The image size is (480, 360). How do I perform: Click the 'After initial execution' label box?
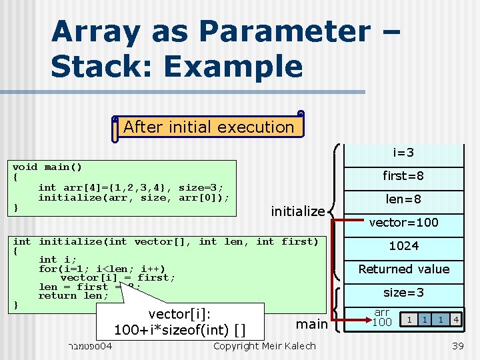click(x=209, y=127)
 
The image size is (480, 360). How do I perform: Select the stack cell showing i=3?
click(x=403, y=153)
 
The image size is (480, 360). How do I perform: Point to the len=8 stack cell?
click(x=403, y=199)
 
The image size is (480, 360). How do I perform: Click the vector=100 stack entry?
click(x=404, y=223)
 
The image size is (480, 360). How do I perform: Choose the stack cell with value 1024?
click(x=404, y=246)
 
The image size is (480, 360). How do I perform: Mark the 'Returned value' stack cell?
click(x=404, y=269)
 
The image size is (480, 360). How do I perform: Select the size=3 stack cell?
click(x=404, y=293)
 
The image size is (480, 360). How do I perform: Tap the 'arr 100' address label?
click(x=382, y=318)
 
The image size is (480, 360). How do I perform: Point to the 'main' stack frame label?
click(x=311, y=324)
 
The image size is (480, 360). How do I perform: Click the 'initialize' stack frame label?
click(x=297, y=211)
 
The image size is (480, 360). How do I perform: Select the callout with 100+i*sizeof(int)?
click(x=180, y=321)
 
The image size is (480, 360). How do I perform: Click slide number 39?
click(x=457, y=346)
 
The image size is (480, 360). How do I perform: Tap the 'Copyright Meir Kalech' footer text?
click(x=265, y=346)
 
